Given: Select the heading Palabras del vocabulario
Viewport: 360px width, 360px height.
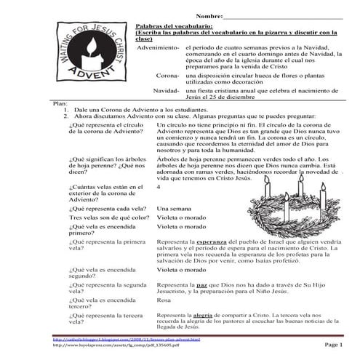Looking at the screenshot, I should pyautogui.click(x=174, y=25).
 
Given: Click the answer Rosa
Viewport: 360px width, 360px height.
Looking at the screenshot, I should pyautogui.click(x=164, y=300).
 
